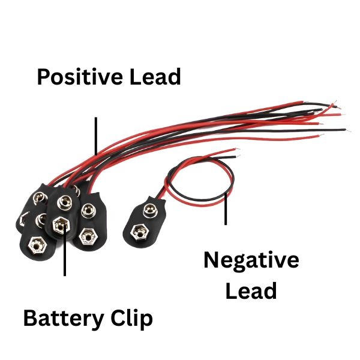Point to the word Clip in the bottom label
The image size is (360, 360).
[x=133, y=319]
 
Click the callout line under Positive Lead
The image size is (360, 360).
[x=95, y=135]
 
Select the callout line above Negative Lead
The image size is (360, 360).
[x=226, y=209]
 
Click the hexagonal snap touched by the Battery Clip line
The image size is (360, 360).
[x=61, y=226]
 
